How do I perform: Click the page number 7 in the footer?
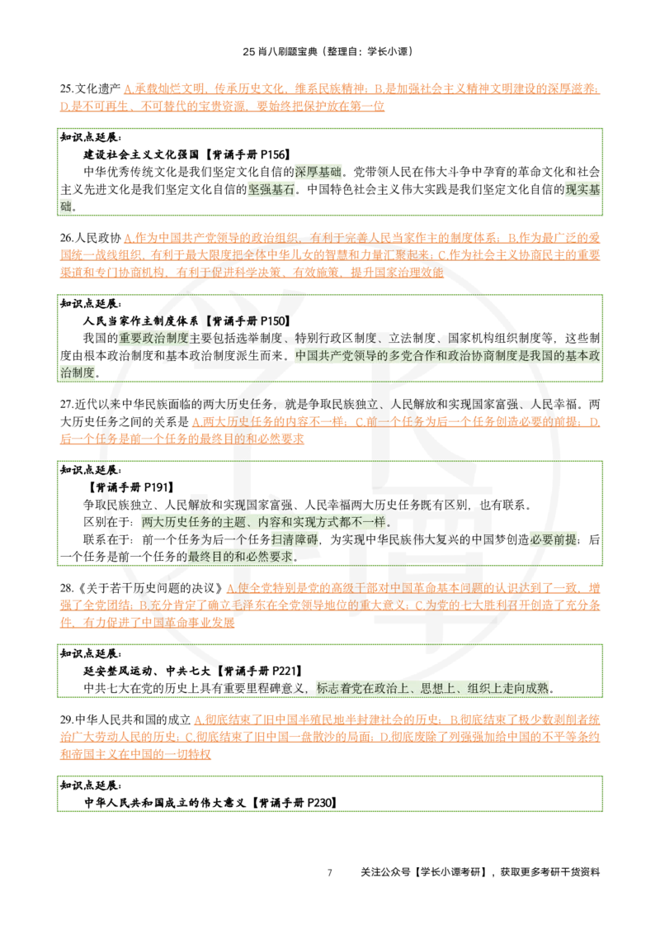[x=329, y=872]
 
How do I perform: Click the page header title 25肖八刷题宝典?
[x=280, y=51]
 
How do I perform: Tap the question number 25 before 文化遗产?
[x=65, y=89]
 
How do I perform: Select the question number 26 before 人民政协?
[x=65, y=238]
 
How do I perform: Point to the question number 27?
[x=65, y=404]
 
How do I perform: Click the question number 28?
[x=65, y=588]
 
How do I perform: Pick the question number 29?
[x=65, y=719]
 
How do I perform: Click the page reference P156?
[x=271, y=155]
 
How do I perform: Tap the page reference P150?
[x=271, y=321]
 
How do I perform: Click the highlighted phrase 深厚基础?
[x=318, y=173]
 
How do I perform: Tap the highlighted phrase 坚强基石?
[x=271, y=190]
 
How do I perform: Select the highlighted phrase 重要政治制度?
[x=153, y=339]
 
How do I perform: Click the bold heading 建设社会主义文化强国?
[x=141, y=155]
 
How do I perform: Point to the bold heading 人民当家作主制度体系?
[x=141, y=321]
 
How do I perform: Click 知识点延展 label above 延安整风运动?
[x=91, y=654]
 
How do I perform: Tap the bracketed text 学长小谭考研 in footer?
[x=450, y=872]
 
